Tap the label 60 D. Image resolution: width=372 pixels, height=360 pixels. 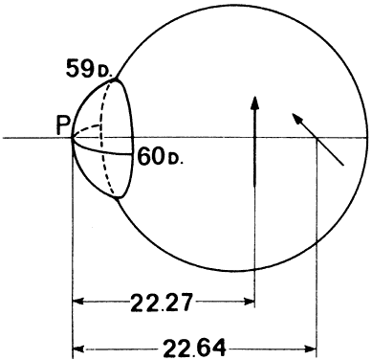point(161,157)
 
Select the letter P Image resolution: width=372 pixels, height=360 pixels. point(63,124)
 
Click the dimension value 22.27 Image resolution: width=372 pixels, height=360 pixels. point(162,303)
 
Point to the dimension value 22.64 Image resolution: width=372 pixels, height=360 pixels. point(195,348)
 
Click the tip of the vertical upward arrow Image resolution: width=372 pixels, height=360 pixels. point(254,96)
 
